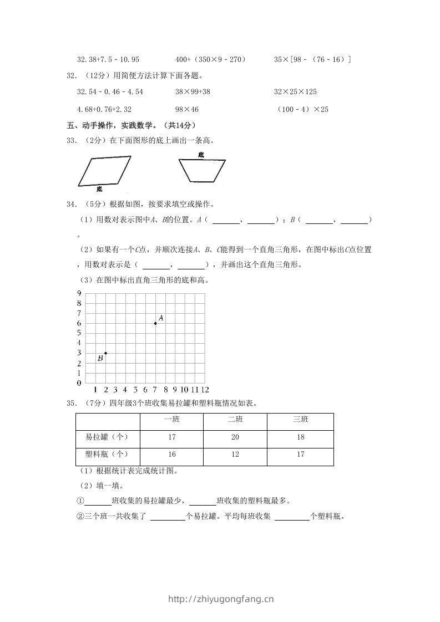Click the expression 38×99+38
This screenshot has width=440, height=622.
pyautogui.click(x=194, y=91)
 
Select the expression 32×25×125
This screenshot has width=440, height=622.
pyautogui.click(x=295, y=91)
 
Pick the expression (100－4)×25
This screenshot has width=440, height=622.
pyautogui.click(x=302, y=109)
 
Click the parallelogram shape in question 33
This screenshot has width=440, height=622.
pyautogui.click(x=104, y=171)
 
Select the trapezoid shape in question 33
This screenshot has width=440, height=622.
pyautogui.click(x=201, y=170)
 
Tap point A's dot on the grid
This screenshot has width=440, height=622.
pyautogui.click(x=155, y=323)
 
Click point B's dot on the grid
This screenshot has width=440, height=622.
pyautogui.click(x=105, y=353)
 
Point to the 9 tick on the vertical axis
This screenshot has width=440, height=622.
pyautogui.click(x=79, y=293)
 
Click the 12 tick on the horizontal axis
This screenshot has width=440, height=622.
pyautogui.click(x=205, y=390)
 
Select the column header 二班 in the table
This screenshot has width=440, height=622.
pyautogui.click(x=235, y=420)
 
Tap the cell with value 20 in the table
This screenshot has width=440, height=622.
pyautogui.click(x=235, y=437)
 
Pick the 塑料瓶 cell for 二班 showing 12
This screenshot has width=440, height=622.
pyautogui.click(x=235, y=455)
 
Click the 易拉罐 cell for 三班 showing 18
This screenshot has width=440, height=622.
pyautogui.click(x=300, y=437)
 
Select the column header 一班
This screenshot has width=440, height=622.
pyautogui.click(x=172, y=420)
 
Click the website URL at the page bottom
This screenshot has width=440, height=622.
pyautogui.click(x=220, y=599)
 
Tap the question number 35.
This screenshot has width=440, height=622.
pyautogui.click(x=71, y=402)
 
